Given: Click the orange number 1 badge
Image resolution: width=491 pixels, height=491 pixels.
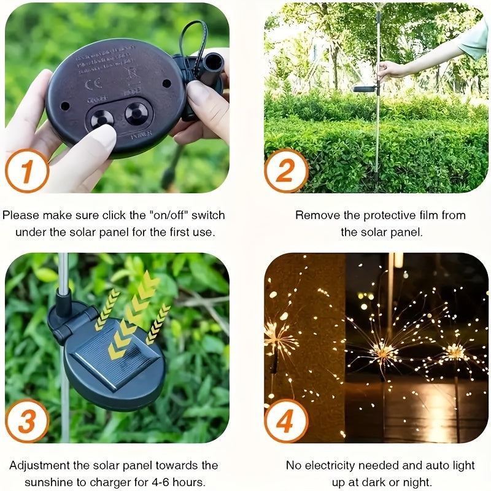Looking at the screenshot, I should tap(26, 171).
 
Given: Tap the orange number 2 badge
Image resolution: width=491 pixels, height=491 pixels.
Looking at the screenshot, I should tap(286, 171).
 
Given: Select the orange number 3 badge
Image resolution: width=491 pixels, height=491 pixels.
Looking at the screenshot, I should tap(26, 421).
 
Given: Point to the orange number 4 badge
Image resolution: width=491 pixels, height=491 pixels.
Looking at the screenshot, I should tap(286, 421).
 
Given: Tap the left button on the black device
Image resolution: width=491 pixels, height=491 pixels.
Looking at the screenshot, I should tap(102, 117).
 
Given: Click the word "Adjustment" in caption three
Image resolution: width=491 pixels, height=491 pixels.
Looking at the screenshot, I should tap(39, 466).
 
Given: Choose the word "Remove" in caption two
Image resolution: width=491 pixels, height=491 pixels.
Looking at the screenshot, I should tap(314, 215).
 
